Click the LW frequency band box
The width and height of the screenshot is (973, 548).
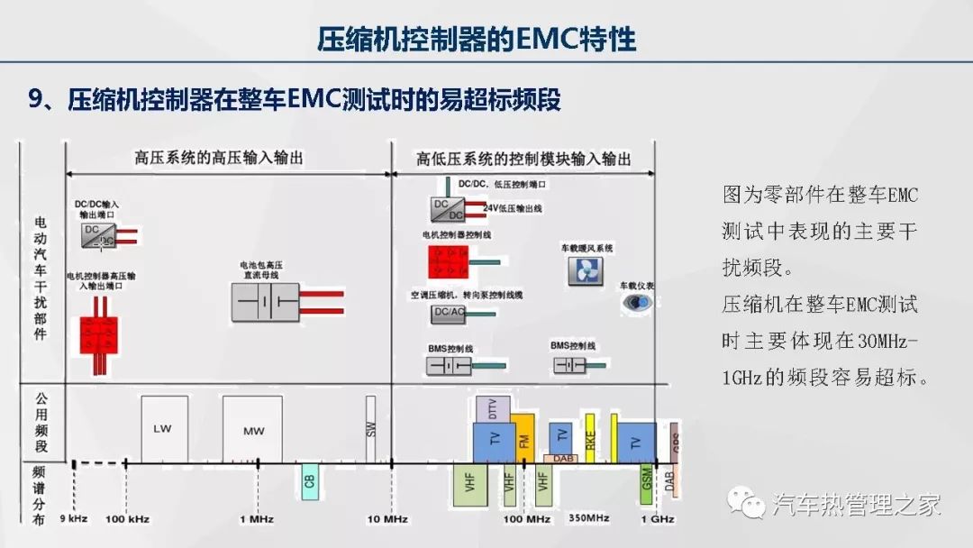coord(165,429)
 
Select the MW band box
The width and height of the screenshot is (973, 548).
coord(253,430)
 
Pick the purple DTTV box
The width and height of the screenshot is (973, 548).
coord(493,408)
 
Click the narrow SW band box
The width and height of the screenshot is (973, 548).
coord(370,429)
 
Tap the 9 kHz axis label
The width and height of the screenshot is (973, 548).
coord(74,519)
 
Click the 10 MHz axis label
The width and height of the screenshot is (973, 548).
coord(387,519)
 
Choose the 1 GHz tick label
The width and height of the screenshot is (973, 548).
coord(658,519)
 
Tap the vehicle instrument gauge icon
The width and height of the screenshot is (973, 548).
coord(637,303)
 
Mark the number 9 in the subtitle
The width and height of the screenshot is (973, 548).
coord(37,99)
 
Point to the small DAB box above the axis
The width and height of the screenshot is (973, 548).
coord(563,459)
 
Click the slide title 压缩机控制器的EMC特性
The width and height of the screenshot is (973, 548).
coord(477,39)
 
